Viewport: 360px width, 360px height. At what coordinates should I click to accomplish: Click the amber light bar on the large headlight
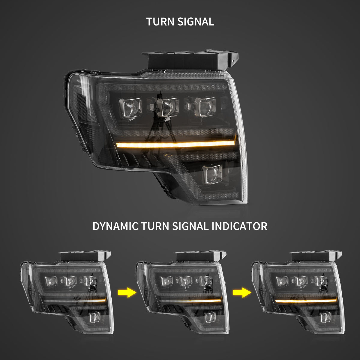[175, 144]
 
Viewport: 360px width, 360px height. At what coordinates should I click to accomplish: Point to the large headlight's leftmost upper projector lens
[131, 107]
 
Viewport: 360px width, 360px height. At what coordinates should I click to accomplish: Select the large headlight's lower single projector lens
[213, 174]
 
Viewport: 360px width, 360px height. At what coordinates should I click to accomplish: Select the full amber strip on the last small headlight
[306, 300]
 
